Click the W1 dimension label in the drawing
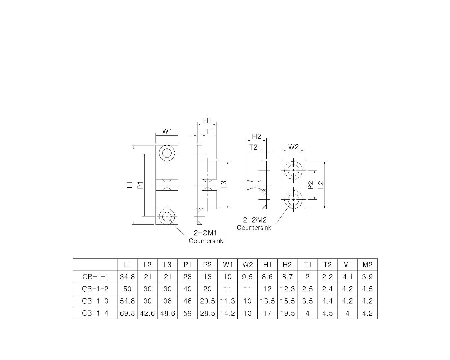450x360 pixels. pos(167,132)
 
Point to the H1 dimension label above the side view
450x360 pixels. pos(207,120)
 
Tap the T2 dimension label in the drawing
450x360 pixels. pos(253,147)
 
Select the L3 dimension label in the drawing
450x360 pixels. pos(224,184)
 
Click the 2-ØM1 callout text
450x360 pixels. pos(205,233)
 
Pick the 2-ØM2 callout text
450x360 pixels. pos(255,220)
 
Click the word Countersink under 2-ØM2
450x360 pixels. pos(254,228)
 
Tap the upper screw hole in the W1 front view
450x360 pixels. pos(167,153)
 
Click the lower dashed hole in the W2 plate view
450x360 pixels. pos(293,200)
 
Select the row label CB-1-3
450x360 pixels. pos(95,301)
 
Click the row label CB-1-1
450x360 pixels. pos(95,277)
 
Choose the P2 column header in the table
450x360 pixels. pos(207,265)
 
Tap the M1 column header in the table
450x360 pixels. pos(347,265)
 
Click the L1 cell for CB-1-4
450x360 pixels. pos(127,313)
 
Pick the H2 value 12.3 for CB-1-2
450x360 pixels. pos(287,289)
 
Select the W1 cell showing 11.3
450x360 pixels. pos(227,301)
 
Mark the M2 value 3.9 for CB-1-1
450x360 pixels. pos(367,277)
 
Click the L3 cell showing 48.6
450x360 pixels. pos(167,313)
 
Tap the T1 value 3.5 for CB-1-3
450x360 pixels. pos(307,301)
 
